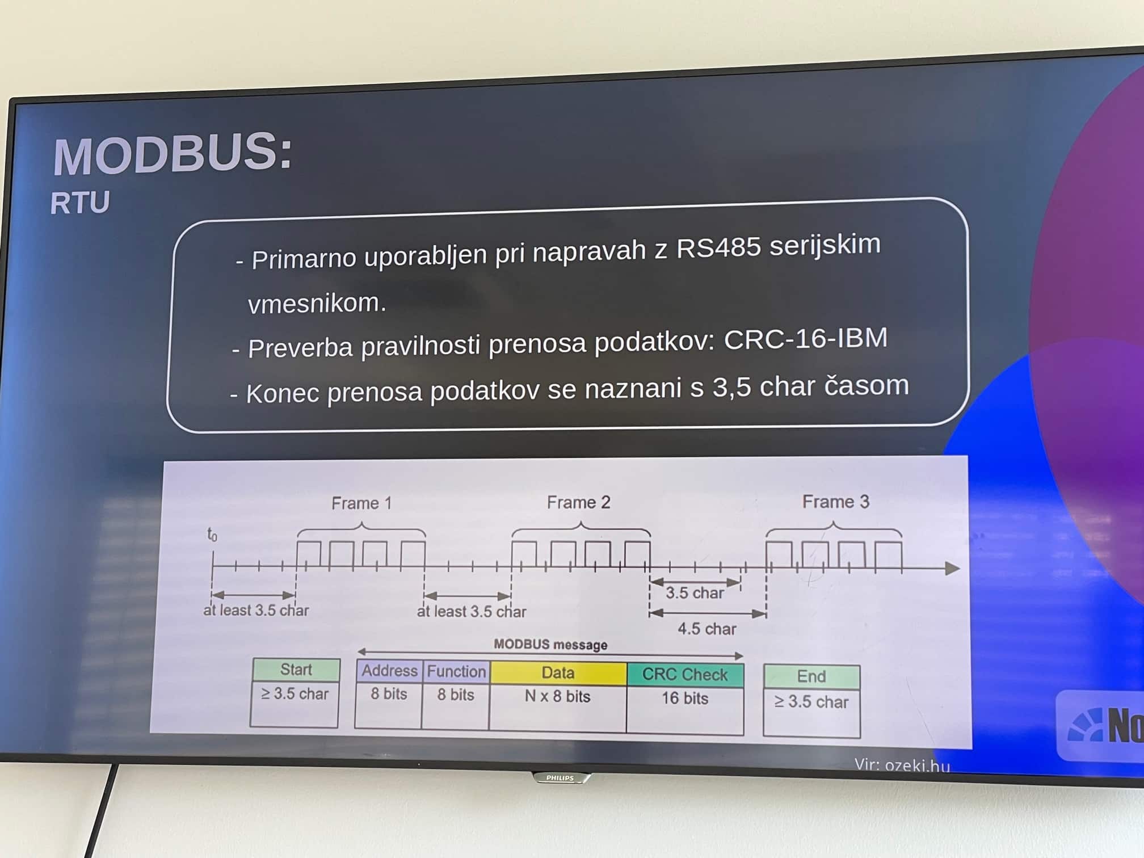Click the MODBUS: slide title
tap(173, 154)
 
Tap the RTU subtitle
tap(80, 203)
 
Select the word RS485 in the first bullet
tap(718, 248)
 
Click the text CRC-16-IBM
tap(805, 339)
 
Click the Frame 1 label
tap(361, 503)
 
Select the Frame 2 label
tap(578, 502)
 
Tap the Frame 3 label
tap(835, 502)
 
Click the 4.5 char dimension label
tap(706, 629)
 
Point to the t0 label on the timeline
tap(212, 535)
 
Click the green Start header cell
tap(296, 670)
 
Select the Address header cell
tap(389, 671)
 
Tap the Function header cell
tap(456, 671)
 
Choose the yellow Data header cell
tap(558, 673)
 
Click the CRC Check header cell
tap(685, 675)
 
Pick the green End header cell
tap(811, 676)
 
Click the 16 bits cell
tap(685, 699)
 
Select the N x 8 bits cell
tap(557, 697)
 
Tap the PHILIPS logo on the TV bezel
tap(560, 778)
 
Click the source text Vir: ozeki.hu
tap(902, 766)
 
